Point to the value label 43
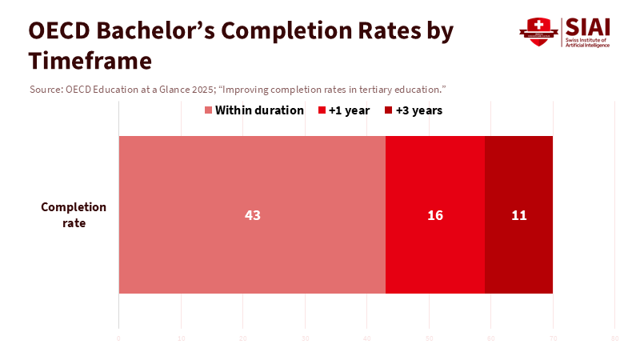point(253,215)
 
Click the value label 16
point(435,215)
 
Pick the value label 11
point(518,215)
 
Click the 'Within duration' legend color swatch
point(209,110)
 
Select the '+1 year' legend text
point(350,110)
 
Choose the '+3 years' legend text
point(419,110)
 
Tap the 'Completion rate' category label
point(74,214)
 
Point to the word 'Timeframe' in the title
point(90,61)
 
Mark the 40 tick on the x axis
point(367,339)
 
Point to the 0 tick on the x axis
point(118,339)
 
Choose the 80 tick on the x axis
point(614,339)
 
